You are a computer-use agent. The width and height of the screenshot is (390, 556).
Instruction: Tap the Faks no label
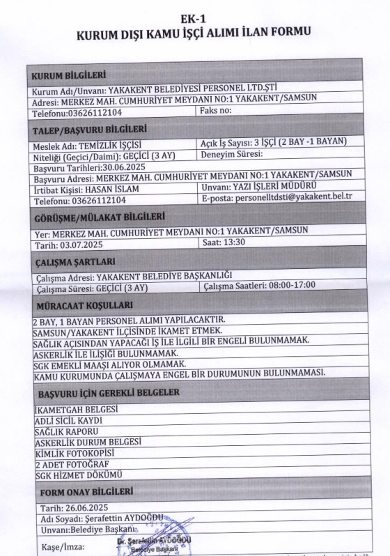(x=214, y=111)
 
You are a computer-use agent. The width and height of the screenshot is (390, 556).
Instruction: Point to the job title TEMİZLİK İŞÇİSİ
(x=104, y=145)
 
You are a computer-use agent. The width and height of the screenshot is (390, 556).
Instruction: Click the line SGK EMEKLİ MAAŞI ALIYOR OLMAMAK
(x=109, y=364)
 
